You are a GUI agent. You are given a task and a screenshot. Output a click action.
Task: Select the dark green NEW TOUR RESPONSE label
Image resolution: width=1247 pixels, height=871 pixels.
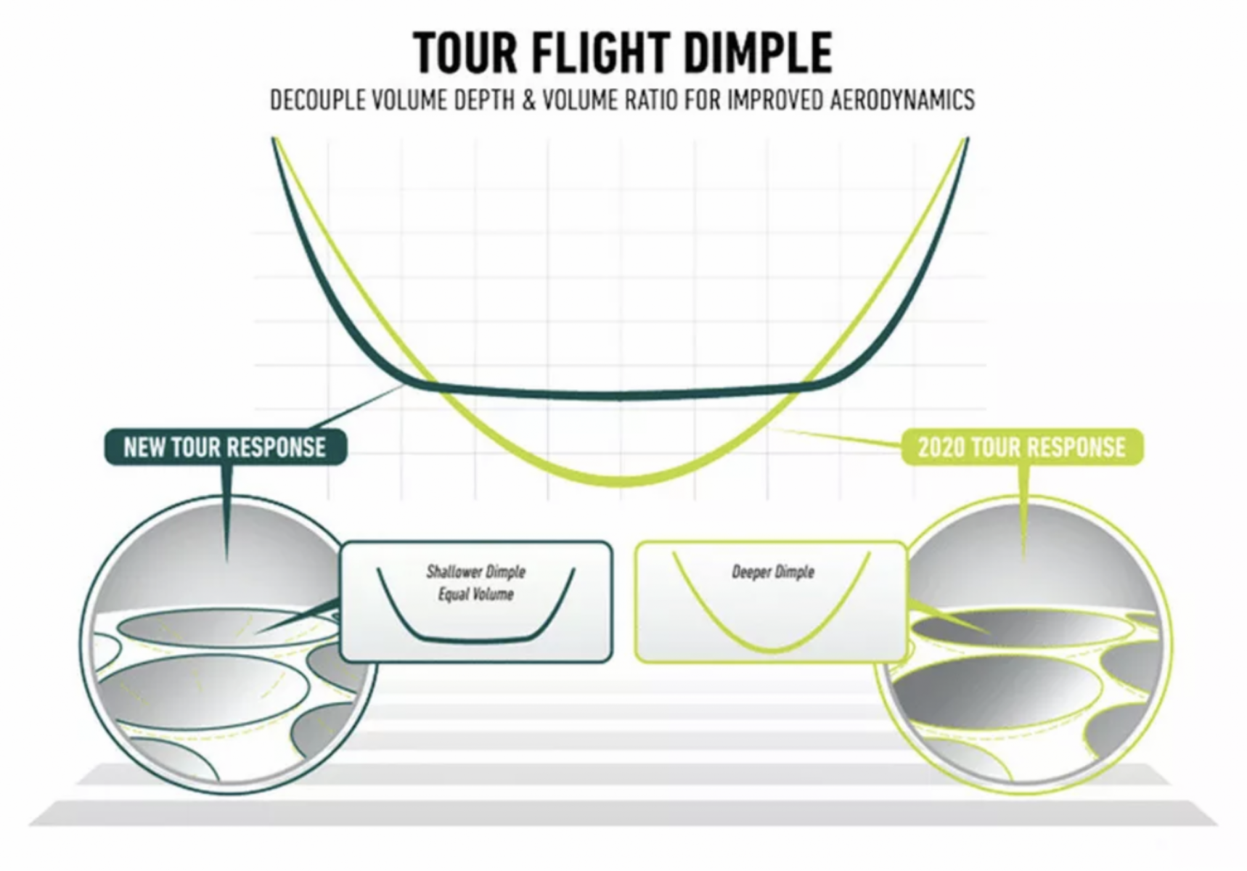pos(225,447)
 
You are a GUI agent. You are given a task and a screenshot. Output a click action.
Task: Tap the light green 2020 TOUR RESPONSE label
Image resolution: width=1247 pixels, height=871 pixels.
pos(1021,447)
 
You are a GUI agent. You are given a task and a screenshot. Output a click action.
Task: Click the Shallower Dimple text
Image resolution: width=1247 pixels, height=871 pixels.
pos(475,572)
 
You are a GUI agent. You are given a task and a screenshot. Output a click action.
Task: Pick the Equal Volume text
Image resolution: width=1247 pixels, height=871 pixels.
pos(475,594)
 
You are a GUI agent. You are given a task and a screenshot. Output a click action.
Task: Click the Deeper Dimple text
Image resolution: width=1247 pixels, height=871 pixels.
pos(772,572)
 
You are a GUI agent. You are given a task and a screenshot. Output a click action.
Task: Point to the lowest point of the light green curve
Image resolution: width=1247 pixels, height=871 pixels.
pos(619,482)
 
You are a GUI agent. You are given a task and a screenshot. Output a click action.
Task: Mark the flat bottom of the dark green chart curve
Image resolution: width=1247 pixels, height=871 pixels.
pos(619,396)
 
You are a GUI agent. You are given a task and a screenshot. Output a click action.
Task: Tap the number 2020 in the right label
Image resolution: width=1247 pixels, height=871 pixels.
pos(941,447)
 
